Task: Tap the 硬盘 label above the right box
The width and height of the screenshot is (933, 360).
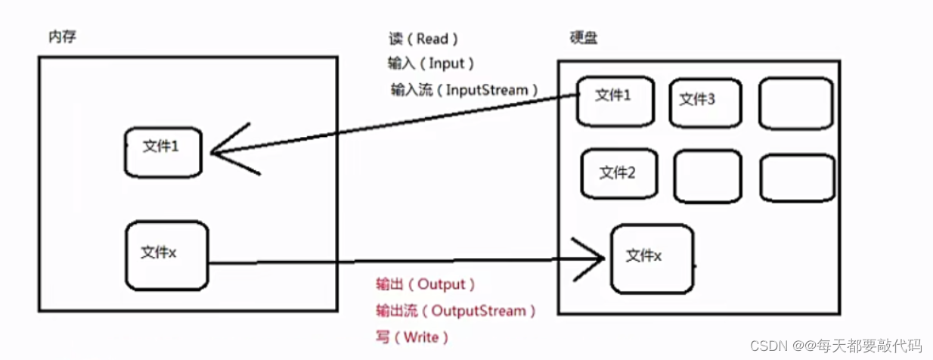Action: pyautogui.click(x=583, y=38)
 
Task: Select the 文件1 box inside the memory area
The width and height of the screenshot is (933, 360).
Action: pyautogui.click(x=163, y=152)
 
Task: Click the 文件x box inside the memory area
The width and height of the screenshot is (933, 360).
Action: pyautogui.click(x=166, y=255)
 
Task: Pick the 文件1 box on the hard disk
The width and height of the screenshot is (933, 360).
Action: pyautogui.click(x=615, y=101)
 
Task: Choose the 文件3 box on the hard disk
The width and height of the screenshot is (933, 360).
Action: pyautogui.click(x=705, y=102)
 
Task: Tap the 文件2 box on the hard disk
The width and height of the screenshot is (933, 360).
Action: pyautogui.click(x=618, y=173)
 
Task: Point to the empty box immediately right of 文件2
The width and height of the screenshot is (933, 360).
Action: pyautogui.click(x=706, y=175)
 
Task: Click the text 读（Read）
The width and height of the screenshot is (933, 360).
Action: pyautogui.click(x=422, y=39)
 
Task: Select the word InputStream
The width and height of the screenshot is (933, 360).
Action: pyautogui.click(x=486, y=90)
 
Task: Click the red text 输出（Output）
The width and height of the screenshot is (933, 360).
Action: pyautogui.click(x=426, y=284)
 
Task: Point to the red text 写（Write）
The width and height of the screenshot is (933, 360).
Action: pyautogui.click(x=413, y=337)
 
